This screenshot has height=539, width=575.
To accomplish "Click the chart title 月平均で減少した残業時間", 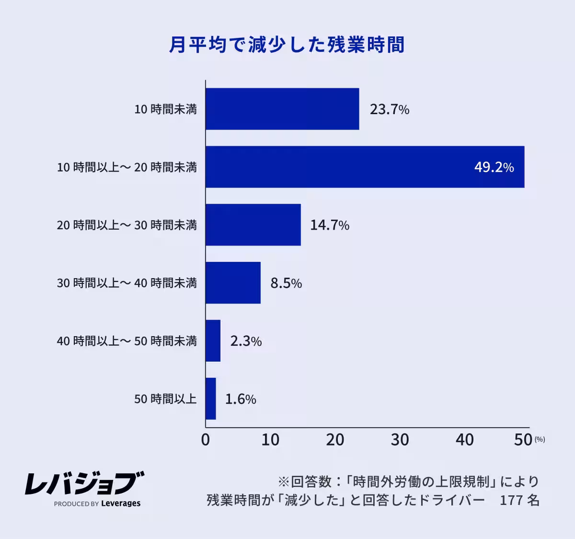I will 287,45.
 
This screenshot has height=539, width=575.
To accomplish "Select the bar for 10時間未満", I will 282,109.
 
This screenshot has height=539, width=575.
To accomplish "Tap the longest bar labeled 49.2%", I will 365,167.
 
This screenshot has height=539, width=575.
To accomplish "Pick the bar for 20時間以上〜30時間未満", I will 253,225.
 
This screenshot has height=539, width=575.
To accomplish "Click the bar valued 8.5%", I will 233,283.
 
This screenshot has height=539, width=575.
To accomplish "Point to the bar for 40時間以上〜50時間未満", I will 213,341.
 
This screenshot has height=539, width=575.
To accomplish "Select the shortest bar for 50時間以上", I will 211,399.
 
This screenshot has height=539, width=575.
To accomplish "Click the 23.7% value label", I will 389,110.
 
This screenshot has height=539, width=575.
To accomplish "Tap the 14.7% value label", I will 330,225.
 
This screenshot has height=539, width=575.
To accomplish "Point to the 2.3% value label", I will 246,341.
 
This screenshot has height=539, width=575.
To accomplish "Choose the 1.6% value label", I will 241,399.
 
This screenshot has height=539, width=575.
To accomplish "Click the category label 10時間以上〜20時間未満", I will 127,167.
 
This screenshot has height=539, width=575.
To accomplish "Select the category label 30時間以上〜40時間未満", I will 127,283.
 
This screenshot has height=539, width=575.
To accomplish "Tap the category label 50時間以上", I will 165,399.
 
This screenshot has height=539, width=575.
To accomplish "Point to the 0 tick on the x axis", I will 206,440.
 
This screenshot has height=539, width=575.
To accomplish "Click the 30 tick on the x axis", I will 400,440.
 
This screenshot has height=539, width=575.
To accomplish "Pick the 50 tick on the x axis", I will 523,440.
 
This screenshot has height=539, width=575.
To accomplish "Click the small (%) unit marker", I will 540,439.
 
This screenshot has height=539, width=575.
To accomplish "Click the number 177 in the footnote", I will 511,500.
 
